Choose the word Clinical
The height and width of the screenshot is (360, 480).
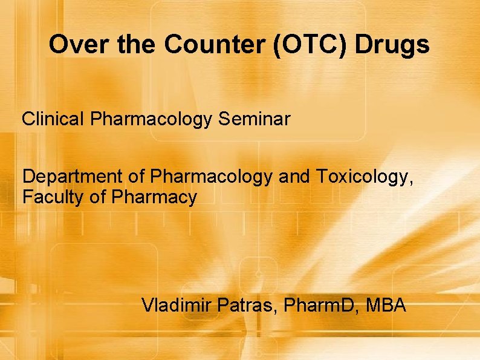click(x=54, y=119)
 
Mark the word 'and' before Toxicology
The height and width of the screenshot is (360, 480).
click(x=295, y=177)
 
